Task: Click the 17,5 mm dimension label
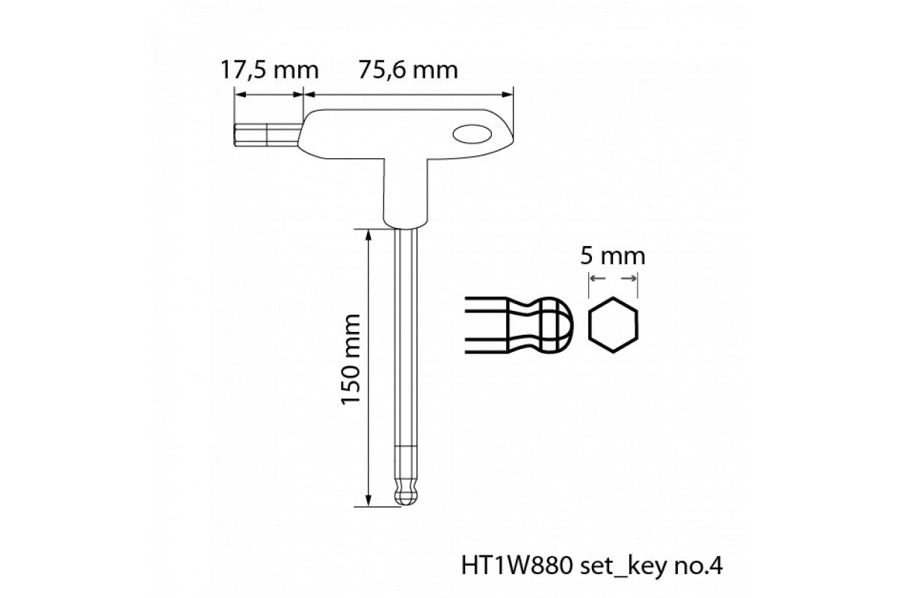[x=270, y=70]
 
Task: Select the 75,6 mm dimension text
[x=408, y=70]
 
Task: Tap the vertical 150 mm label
[x=351, y=360]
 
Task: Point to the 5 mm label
[x=613, y=256]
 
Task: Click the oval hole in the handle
[x=472, y=135]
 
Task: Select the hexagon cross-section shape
[x=613, y=325]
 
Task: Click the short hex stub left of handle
[x=267, y=135]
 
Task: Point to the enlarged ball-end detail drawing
[x=520, y=325]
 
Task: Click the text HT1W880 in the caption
[x=517, y=566]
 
